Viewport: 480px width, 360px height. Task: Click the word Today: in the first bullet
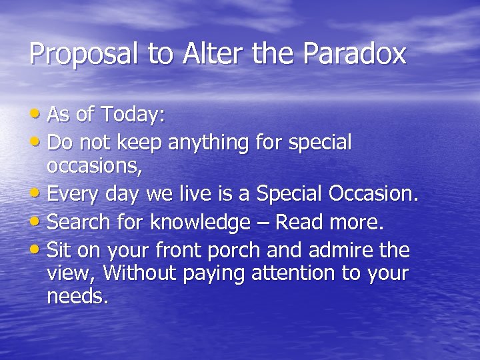133,115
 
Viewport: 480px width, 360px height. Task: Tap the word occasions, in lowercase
94,167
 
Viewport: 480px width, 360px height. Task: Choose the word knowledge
199,222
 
